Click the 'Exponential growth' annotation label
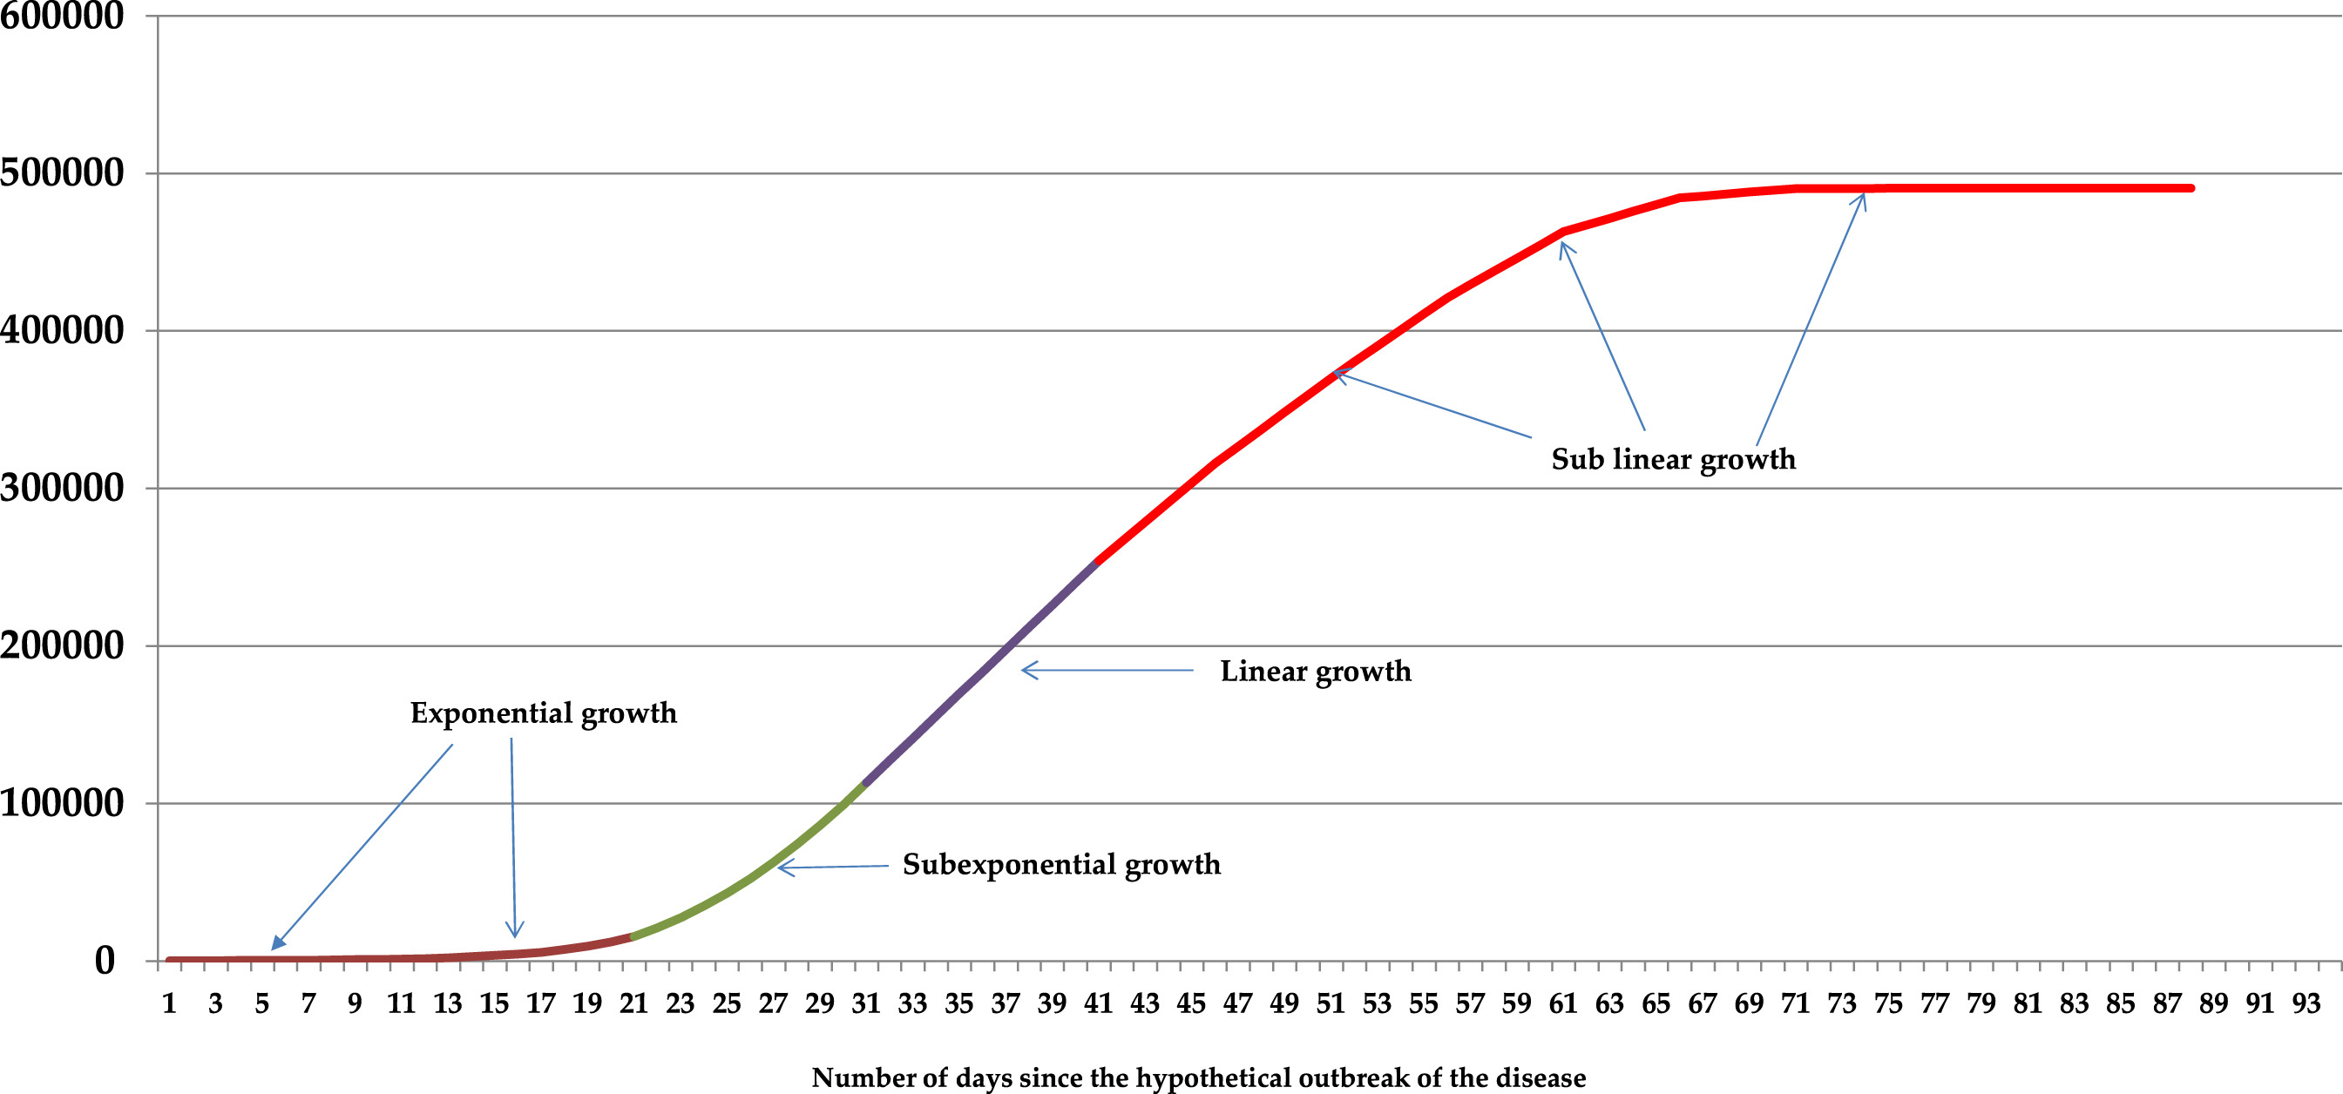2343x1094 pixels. click(543, 713)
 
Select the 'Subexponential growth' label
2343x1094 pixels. click(1060, 864)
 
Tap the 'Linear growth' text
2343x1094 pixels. click(1315, 672)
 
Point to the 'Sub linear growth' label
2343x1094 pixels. click(1673, 459)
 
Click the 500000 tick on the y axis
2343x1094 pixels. click(62, 172)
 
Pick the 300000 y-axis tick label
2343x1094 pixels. click(62, 489)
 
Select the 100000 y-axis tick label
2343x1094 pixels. click(62, 804)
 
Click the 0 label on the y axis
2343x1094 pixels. click(105, 962)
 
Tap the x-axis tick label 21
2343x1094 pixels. click(634, 1004)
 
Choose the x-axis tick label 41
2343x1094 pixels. click(1099, 1004)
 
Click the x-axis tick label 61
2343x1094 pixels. click(1562, 1004)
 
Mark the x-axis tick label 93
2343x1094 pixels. click(2306, 1004)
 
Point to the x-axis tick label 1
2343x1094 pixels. click(169, 1004)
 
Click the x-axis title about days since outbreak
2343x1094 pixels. click(1198, 1077)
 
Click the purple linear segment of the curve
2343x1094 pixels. click(982, 672)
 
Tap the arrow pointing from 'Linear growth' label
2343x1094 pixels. click(1105, 670)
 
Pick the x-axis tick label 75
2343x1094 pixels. click(1888, 1004)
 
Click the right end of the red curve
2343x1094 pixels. click(2191, 188)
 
